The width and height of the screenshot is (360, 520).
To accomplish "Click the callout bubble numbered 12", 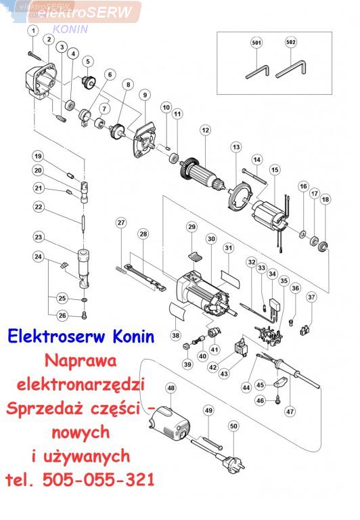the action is tap(206, 130).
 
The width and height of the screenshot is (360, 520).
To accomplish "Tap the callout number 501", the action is tap(256, 43).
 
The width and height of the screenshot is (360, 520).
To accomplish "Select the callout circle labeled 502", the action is tap(291, 42).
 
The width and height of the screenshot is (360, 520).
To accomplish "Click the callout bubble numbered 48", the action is tap(171, 388).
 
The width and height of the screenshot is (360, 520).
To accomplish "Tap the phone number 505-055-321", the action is tap(98, 479).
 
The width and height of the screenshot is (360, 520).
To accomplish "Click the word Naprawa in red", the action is tap(81, 361).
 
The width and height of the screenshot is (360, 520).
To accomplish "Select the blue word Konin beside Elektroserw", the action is tap(133, 337).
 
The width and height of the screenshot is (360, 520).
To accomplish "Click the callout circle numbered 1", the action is tap(33, 30).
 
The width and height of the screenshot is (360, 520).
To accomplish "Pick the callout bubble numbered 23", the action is tap(39, 237).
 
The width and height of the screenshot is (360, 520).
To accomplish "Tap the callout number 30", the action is tap(212, 239).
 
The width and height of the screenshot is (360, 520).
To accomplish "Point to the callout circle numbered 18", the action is tap(325, 199).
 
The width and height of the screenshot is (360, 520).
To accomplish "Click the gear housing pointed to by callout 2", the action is tap(41, 81).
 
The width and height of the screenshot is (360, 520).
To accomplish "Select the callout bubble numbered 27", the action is tap(121, 222).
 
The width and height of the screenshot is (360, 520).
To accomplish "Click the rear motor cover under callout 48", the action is tap(169, 425).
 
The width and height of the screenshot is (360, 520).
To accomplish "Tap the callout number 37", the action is tap(311, 297).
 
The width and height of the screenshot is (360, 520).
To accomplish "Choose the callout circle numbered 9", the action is tap(145, 95).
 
